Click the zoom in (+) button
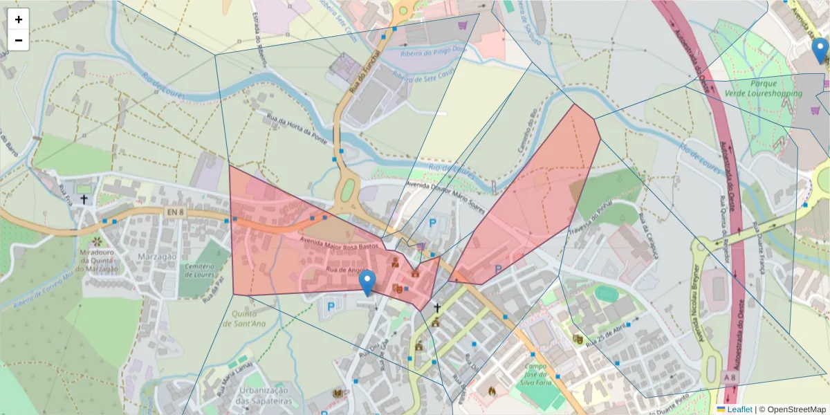(x=19, y=19)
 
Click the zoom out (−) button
(x=19, y=40)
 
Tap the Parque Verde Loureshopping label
(x=764, y=88)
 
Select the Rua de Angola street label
(x=345, y=270)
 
